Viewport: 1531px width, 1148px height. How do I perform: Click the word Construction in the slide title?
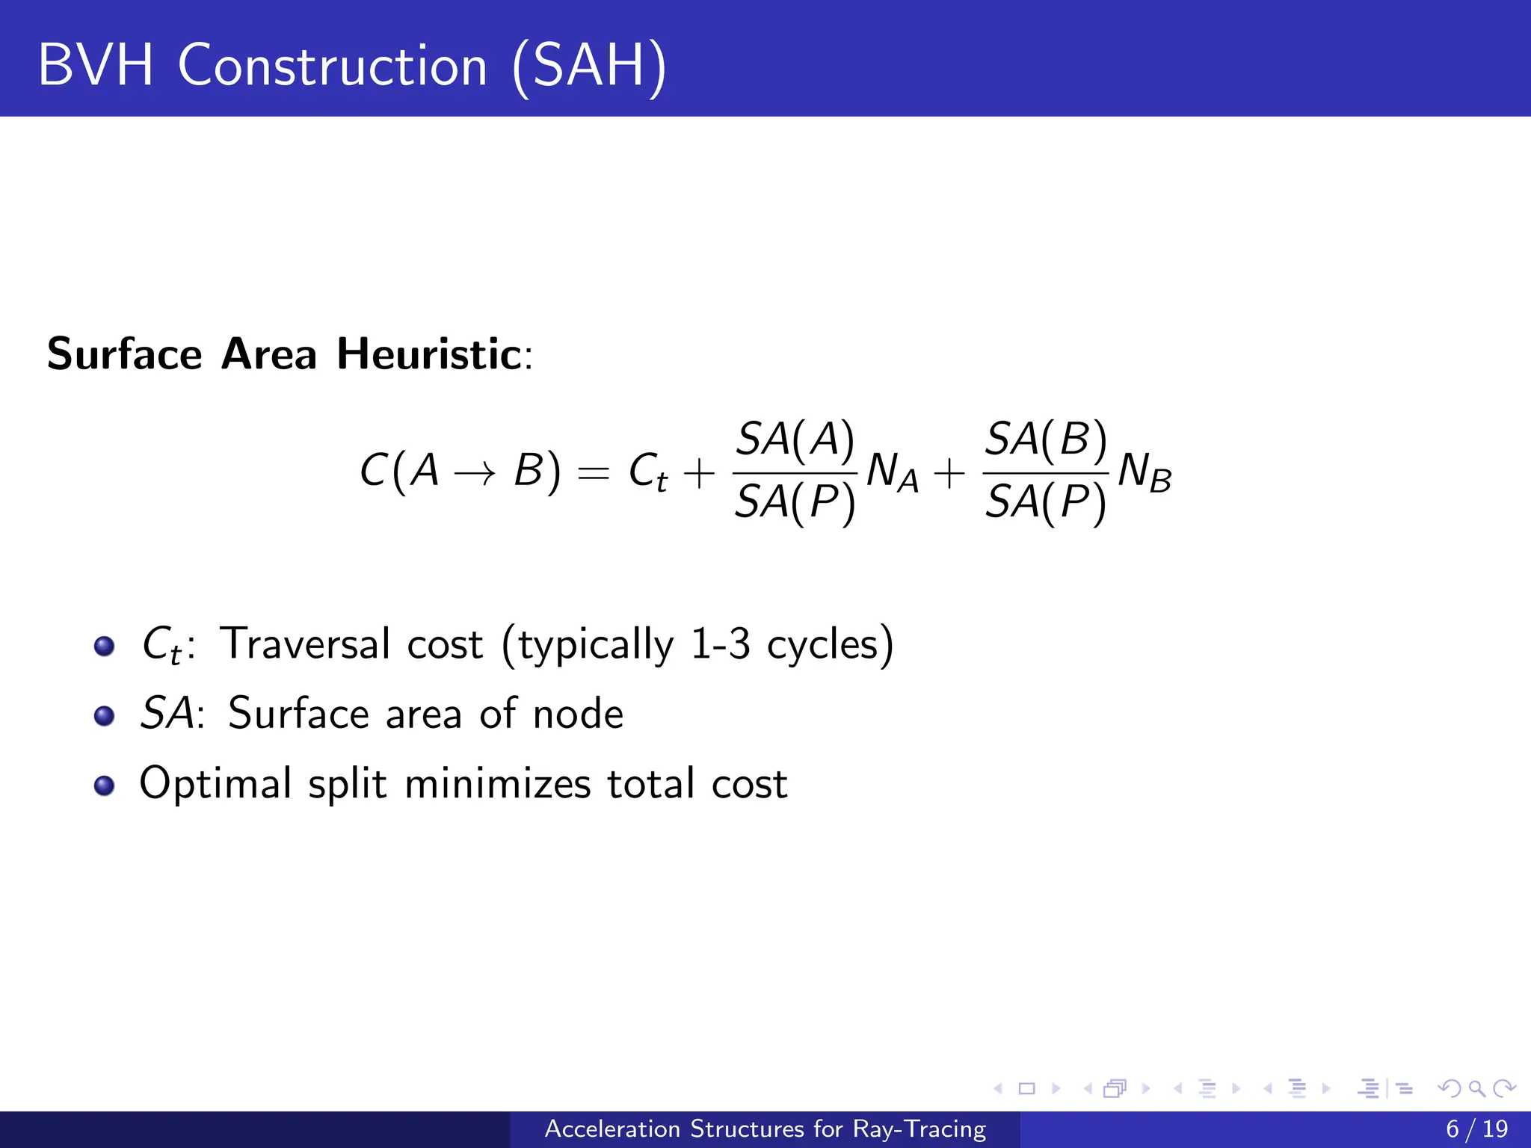click(333, 66)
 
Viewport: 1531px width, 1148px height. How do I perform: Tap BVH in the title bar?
click(96, 66)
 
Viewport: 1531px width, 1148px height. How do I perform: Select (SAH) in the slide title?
click(589, 67)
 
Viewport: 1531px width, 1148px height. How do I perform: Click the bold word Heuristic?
click(429, 354)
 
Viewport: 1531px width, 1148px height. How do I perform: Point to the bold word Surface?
click(125, 354)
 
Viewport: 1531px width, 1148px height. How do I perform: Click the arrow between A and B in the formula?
click(475, 472)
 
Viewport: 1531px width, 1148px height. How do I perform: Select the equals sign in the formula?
click(594, 472)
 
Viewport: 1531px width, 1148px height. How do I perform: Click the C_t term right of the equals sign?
click(648, 472)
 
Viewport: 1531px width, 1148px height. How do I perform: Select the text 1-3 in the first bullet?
click(719, 644)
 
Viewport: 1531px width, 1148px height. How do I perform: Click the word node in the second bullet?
click(578, 714)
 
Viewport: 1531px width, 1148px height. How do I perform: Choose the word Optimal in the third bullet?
click(215, 783)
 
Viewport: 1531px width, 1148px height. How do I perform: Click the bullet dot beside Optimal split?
click(105, 786)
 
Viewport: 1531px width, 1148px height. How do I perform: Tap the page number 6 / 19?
click(1476, 1129)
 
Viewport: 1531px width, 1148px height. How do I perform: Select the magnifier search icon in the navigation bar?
click(1476, 1088)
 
